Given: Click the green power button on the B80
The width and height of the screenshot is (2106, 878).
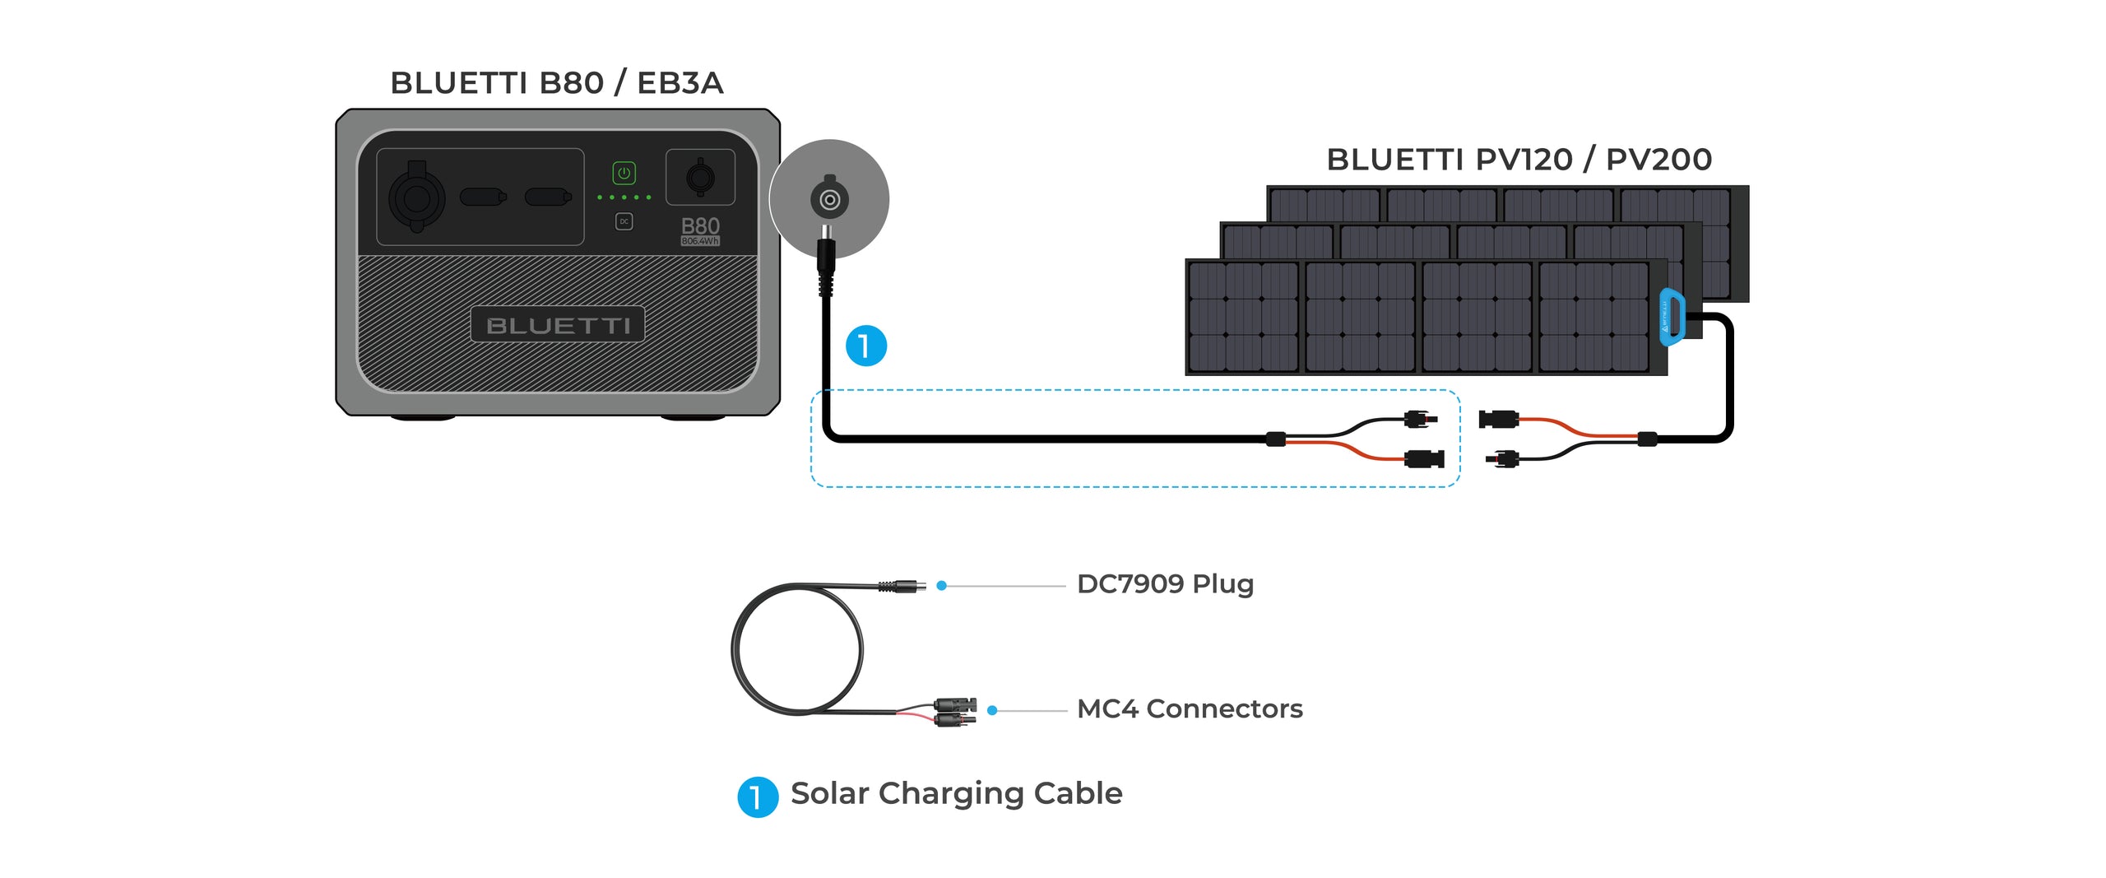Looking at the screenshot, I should coord(624,173).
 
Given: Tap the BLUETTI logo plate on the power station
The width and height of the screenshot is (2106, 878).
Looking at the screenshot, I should coord(558,325).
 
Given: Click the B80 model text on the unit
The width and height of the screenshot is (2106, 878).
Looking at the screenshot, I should coord(700,226).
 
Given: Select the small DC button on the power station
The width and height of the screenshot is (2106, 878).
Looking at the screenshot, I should coord(624,221).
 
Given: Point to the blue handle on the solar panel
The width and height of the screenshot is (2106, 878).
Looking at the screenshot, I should coord(1672,317).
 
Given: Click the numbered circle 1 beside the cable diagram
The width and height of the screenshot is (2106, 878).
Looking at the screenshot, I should coord(866,346).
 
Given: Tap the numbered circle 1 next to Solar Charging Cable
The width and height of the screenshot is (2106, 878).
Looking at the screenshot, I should coord(758,797).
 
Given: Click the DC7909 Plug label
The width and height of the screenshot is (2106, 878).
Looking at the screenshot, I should coord(1165,584).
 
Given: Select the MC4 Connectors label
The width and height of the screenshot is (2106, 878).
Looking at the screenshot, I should coord(1190,708).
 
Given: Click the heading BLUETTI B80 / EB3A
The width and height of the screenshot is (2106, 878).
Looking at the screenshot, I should coord(557,83).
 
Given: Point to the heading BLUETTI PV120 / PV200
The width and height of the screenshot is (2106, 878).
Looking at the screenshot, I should coord(1519,160).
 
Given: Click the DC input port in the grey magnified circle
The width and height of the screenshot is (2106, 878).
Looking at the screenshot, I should coord(829,199).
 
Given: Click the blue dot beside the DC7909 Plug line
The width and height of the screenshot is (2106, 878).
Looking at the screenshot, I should coord(942,586).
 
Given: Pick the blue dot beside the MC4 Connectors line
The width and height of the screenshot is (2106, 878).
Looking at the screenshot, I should coord(992,710).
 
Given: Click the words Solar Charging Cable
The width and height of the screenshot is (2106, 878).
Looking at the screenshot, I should coord(956,793).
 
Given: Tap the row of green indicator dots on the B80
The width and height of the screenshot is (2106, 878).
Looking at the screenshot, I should coord(624,197).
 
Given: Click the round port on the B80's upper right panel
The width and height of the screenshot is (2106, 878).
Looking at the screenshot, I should coord(700,177).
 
